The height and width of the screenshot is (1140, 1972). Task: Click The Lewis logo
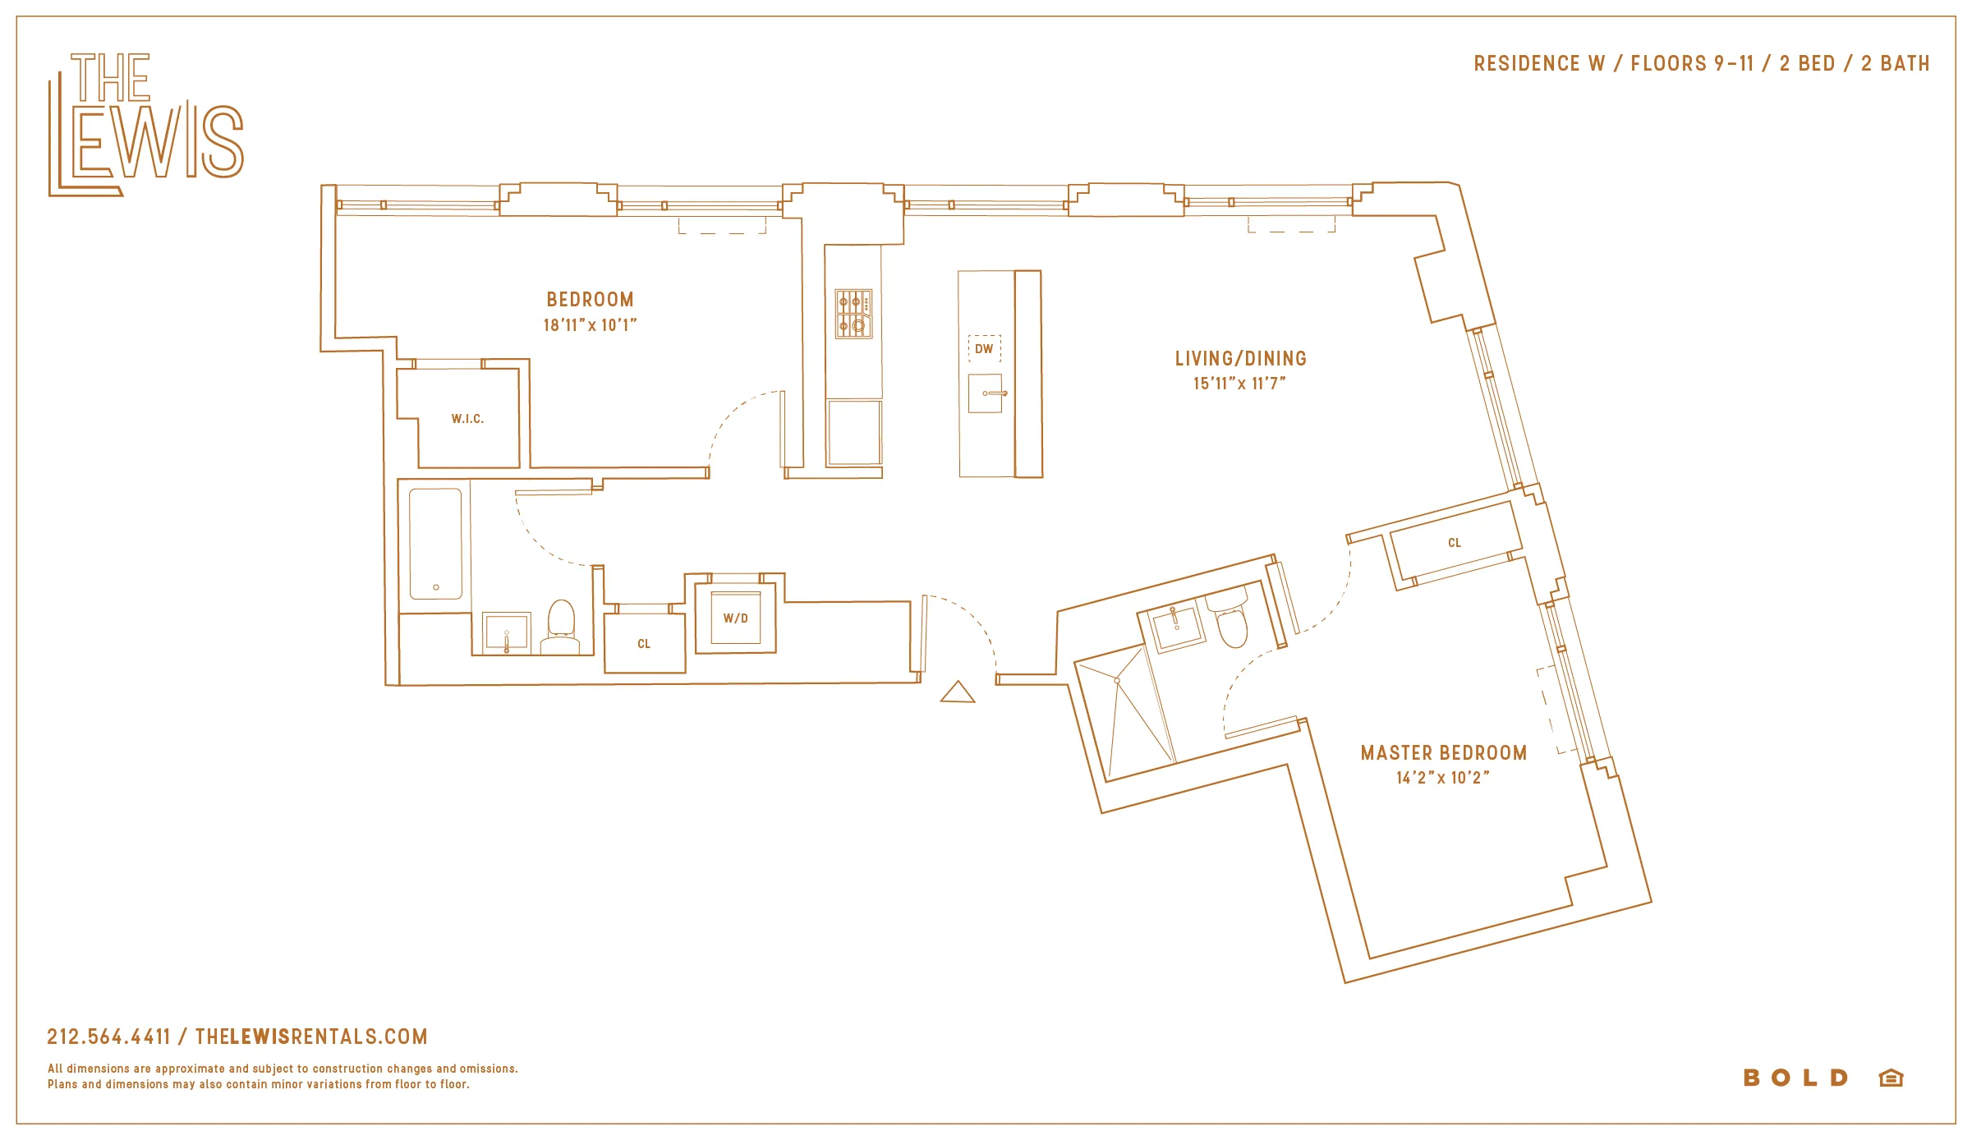click(x=145, y=125)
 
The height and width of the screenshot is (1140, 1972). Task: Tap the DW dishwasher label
click(x=984, y=349)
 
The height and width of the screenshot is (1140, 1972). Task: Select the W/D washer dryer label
click(x=735, y=618)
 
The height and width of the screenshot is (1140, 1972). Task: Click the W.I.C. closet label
click(x=467, y=419)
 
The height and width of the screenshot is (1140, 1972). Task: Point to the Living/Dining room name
click(x=1240, y=359)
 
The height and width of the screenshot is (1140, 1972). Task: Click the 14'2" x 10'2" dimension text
click(x=1442, y=778)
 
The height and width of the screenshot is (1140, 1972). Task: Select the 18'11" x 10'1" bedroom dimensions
click(x=590, y=325)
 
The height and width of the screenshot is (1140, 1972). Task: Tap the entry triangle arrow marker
click(x=957, y=693)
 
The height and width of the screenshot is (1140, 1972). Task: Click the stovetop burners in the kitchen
click(x=853, y=314)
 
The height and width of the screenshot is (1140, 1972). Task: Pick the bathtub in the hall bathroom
click(x=435, y=544)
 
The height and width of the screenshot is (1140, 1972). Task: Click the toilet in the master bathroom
click(x=1230, y=624)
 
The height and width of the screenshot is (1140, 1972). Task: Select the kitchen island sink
click(x=985, y=393)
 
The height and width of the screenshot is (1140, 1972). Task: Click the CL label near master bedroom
click(x=1454, y=543)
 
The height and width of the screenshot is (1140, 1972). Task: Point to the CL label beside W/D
click(x=644, y=644)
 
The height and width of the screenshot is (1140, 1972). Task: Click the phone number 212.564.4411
click(x=108, y=1037)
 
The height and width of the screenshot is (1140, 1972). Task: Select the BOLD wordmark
click(x=1795, y=1078)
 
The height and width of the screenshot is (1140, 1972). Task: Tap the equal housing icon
click(x=1891, y=1078)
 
